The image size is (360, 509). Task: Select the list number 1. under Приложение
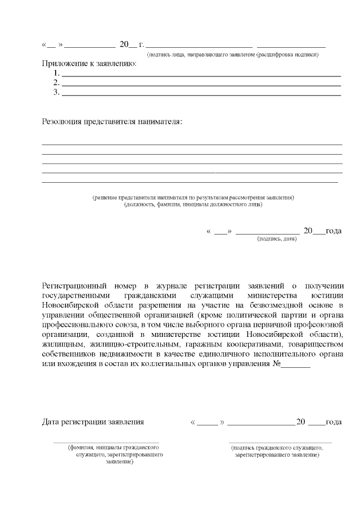click(x=56, y=74)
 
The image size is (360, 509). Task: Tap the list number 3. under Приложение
click(x=56, y=93)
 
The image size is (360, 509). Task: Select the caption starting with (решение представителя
click(x=193, y=198)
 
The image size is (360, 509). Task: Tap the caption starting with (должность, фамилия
click(x=193, y=205)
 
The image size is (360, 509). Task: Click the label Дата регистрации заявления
click(x=93, y=422)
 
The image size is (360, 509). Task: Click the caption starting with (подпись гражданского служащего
click(x=277, y=451)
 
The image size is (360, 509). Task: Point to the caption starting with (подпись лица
click(x=233, y=55)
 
